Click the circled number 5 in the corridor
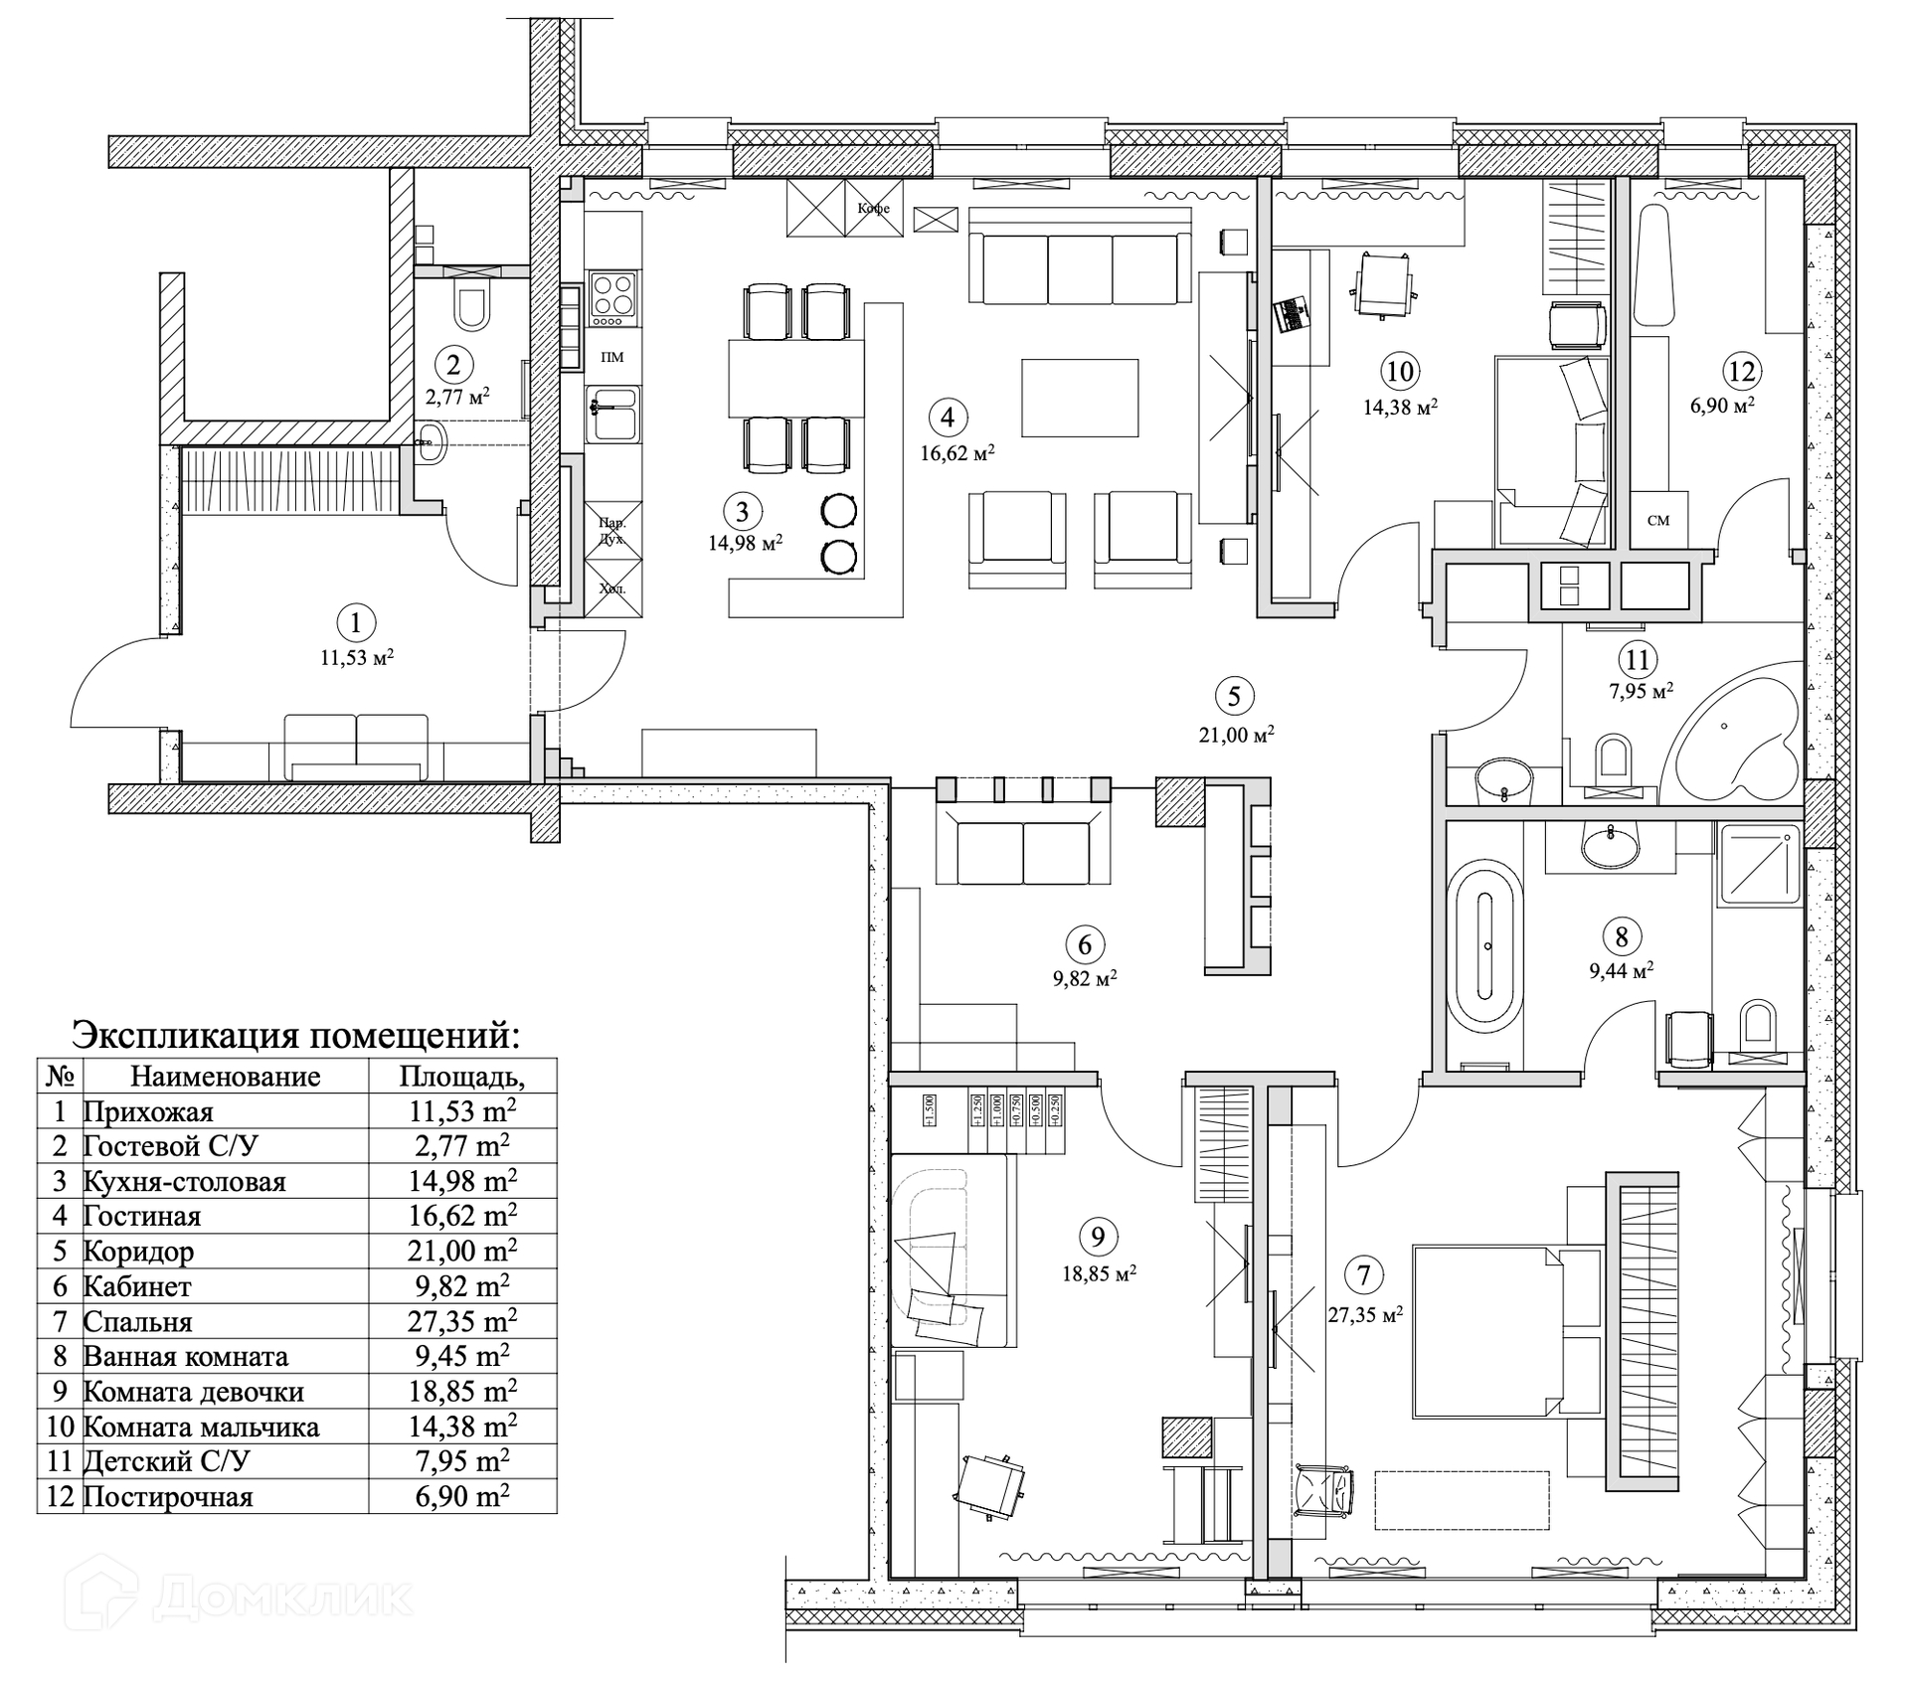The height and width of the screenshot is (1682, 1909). coord(1234,696)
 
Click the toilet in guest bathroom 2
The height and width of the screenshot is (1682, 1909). coord(471,308)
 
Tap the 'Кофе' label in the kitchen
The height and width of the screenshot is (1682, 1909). coord(874,209)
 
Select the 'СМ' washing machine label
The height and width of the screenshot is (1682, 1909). coord(1657,520)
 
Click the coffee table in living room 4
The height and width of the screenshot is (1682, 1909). coord(1080,398)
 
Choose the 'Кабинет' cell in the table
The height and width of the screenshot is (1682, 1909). coord(137,1286)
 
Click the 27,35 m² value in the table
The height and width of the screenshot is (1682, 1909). coord(461,1321)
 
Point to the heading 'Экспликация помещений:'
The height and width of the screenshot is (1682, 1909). coord(295,1035)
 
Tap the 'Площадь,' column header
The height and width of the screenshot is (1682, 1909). coord(461,1077)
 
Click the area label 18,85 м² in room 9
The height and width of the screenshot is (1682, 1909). coord(1099,1273)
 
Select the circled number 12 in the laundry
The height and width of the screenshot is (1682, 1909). coord(1741,372)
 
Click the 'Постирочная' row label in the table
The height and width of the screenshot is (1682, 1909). coord(168,1496)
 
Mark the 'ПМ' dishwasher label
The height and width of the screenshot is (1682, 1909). coord(612,357)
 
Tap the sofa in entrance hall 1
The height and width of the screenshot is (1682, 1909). coord(355,747)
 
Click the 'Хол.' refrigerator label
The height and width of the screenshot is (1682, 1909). coord(612,589)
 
